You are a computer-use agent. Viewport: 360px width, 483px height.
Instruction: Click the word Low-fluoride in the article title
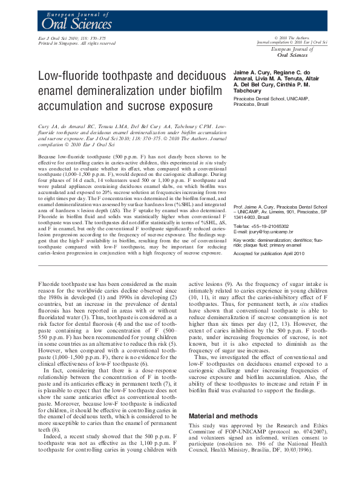[x=71, y=77]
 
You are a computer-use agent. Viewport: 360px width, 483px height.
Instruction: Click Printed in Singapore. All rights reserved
[x=73, y=43]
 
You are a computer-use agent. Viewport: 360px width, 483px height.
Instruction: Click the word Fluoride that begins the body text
[x=48, y=283]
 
